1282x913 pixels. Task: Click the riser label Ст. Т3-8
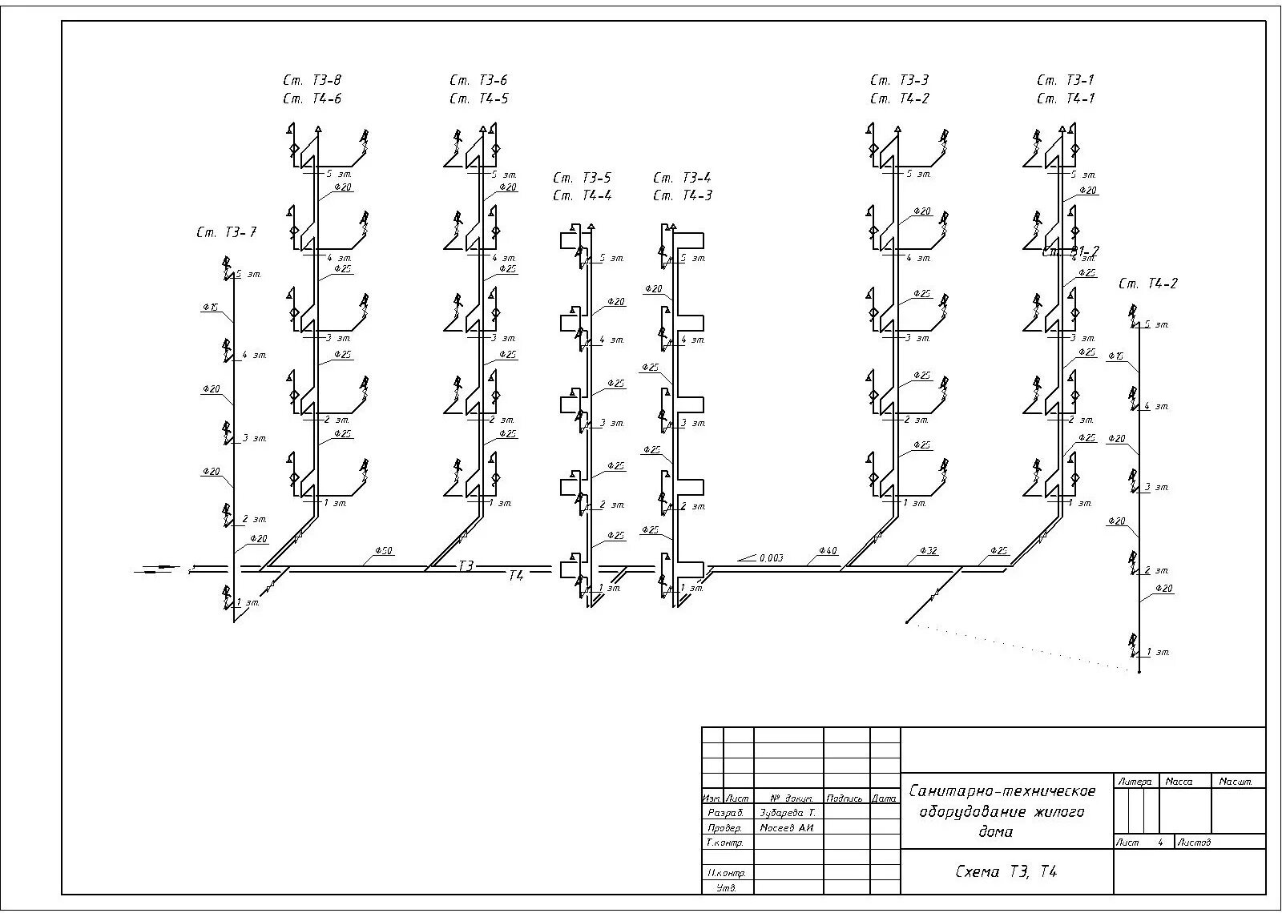[x=312, y=80]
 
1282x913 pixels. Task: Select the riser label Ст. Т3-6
[x=478, y=80]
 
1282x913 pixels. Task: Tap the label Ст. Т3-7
[x=227, y=232]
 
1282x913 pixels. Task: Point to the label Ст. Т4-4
[x=582, y=195]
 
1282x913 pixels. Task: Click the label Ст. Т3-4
[x=682, y=178]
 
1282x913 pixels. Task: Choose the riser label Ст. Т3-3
[x=899, y=80]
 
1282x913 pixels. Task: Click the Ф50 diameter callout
[x=383, y=552]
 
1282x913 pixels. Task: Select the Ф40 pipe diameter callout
[x=828, y=551]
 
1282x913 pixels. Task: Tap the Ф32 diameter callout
[x=928, y=551]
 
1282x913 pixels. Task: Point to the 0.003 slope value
[x=770, y=557]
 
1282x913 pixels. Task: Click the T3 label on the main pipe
[x=466, y=566]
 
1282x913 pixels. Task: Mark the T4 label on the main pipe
[x=515, y=575]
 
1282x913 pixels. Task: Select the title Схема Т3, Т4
[x=1006, y=871]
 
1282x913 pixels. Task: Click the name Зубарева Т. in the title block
[x=787, y=813]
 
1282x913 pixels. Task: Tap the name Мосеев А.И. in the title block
[x=787, y=827]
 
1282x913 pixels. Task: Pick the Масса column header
[x=1179, y=781]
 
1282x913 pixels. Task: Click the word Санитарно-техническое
[x=1002, y=791]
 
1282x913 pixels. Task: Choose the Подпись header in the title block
[x=845, y=798]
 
